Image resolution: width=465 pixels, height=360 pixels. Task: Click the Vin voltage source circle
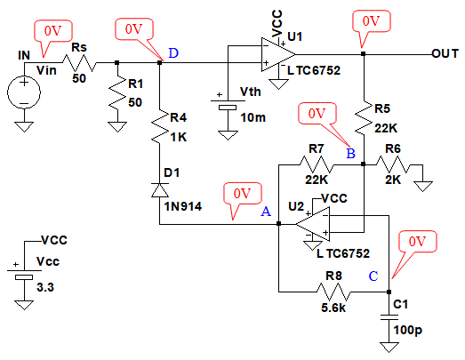pos(24,92)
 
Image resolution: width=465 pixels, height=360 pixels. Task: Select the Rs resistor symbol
pos(79,63)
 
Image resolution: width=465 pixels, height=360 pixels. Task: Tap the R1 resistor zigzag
pos(117,92)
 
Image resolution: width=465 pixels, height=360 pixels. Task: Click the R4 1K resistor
pos(159,126)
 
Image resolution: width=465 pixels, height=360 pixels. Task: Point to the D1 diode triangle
pos(160,190)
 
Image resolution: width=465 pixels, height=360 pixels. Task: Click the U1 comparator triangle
pos(278,54)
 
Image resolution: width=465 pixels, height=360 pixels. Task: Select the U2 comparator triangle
pos(313,224)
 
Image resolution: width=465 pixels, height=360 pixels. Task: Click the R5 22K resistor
pos(364,118)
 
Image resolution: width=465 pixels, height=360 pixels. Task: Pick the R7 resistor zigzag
pos(317,164)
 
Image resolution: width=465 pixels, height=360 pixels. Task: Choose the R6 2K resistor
pos(393,164)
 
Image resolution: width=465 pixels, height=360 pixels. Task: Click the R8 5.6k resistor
pos(334,292)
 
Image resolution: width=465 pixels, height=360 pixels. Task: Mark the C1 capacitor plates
pos(389,317)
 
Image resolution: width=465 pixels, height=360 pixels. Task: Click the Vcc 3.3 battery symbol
pos(24,275)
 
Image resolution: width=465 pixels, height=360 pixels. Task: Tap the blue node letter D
pos(173,53)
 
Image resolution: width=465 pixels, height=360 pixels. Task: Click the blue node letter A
pos(266,212)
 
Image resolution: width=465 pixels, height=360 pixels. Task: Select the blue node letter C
pos(373,276)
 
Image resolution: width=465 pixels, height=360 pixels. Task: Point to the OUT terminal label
pos(445,53)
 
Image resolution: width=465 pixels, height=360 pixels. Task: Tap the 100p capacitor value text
pos(408,330)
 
